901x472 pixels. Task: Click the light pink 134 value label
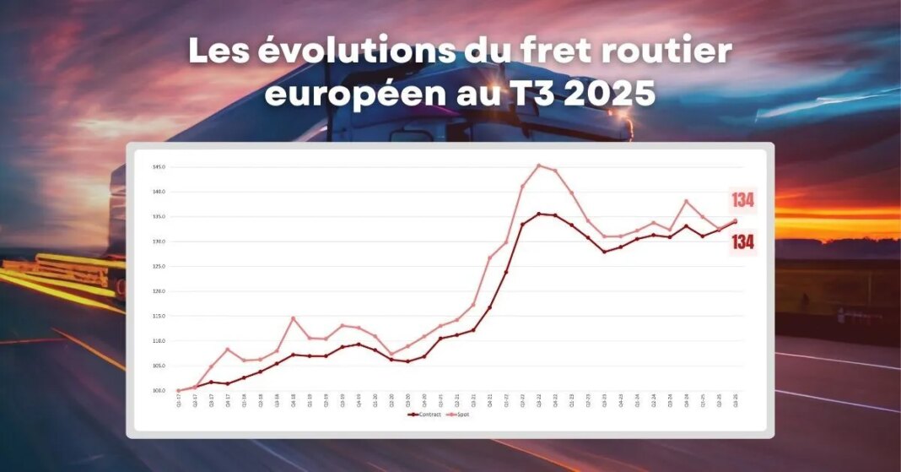pos(743,201)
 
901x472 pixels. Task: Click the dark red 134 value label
pos(743,242)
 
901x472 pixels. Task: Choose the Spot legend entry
pos(460,415)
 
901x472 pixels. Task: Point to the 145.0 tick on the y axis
pos(159,167)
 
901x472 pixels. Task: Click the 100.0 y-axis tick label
pos(159,391)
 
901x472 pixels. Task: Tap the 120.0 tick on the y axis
pos(159,291)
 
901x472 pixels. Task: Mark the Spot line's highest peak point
pos(539,165)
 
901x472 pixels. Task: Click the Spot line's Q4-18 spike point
pos(293,318)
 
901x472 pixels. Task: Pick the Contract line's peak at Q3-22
pos(539,214)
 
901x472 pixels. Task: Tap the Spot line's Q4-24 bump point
pos(687,201)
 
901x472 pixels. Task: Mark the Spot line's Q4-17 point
pos(228,350)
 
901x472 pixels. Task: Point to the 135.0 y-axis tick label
pos(159,217)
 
